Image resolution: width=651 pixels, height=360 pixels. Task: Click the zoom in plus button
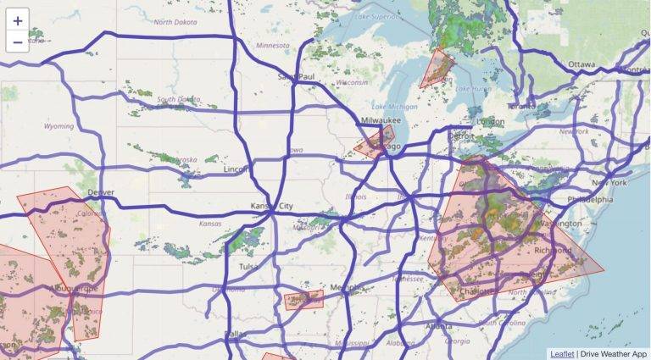[18, 20]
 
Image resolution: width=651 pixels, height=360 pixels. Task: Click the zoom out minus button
[18, 42]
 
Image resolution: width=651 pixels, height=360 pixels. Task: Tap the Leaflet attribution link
[561, 353]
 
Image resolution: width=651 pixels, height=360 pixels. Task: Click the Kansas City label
[272, 206]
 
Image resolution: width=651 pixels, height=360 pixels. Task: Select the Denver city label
[100, 192]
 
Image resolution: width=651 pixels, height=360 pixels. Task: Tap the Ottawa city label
[581, 64]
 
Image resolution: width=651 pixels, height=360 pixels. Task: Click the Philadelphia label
[589, 200]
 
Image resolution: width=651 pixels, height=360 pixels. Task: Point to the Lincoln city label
[236, 169]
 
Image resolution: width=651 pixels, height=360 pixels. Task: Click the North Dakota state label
[174, 23]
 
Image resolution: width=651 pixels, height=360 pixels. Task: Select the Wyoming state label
[58, 126]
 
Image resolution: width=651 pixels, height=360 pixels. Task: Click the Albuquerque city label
[75, 288]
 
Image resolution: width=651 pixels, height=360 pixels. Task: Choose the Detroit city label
[461, 136]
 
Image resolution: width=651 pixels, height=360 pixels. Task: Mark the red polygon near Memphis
[303, 300]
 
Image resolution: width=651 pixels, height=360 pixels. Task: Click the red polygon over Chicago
[374, 143]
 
